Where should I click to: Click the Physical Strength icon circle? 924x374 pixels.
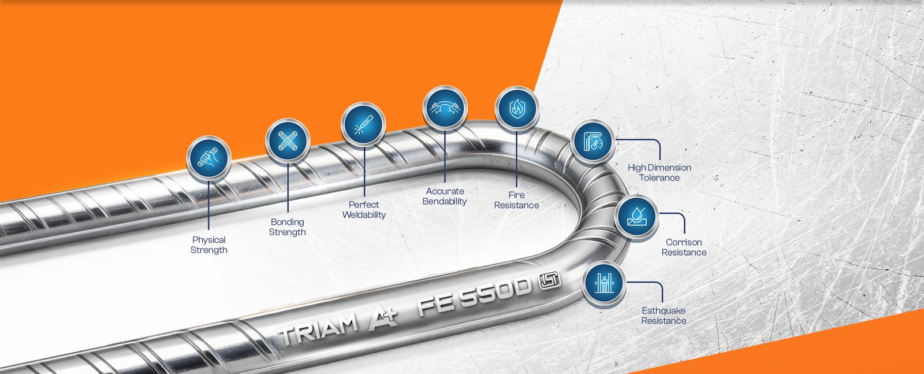(208, 158)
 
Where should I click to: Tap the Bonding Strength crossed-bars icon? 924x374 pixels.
(288, 141)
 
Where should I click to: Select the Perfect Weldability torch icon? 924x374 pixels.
(363, 124)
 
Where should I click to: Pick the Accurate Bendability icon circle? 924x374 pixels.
(445, 108)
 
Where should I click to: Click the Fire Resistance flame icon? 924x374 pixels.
(517, 108)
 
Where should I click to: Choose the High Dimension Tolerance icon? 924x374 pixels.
(593, 142)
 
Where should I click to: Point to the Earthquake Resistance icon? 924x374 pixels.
(604, 284)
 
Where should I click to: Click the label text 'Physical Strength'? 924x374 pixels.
(208, 245)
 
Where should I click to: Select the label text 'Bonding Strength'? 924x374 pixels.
(288, 227)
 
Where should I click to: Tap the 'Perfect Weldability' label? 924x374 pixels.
(364, 210)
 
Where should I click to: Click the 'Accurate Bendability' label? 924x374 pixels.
(445, 196)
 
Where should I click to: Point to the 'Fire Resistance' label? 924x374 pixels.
(516, 200)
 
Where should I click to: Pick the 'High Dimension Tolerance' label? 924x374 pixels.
(659, 173)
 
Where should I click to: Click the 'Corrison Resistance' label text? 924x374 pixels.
(684, 247)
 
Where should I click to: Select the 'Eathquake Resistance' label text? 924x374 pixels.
(664, 316)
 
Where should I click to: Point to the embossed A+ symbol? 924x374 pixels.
(382, 319)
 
